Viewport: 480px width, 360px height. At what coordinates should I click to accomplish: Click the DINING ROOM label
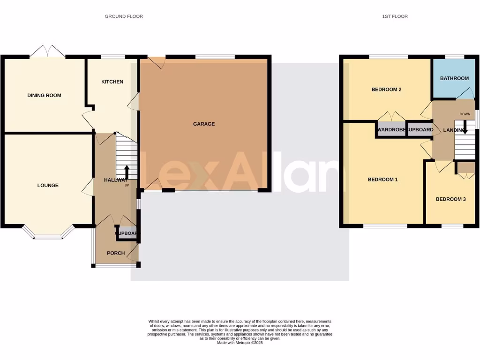[44, 95]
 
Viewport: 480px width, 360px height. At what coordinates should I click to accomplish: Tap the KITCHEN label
[112, 82]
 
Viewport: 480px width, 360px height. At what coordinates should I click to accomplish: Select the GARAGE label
[204, 124]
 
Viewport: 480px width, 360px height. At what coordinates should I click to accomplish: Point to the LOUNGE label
[48, 185]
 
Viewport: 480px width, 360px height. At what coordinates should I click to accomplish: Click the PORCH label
[116, 253]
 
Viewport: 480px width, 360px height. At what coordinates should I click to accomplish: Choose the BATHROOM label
[454, 78]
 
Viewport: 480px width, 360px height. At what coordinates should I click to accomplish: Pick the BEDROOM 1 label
[382, 180]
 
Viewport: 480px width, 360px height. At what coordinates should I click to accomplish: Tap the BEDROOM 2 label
[386, 90]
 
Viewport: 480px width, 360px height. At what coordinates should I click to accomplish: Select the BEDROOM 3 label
[450, 199]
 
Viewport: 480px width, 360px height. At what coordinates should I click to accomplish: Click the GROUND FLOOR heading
[124, 16]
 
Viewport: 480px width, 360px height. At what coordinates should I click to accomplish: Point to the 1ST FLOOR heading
[395, 16]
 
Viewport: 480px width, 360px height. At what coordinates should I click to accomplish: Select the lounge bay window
[48, 235]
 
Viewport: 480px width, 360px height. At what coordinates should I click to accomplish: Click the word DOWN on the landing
[465, 114]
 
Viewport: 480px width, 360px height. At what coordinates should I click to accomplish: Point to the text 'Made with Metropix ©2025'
[240, 343]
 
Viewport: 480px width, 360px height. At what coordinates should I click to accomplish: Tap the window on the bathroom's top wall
[454, 57]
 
